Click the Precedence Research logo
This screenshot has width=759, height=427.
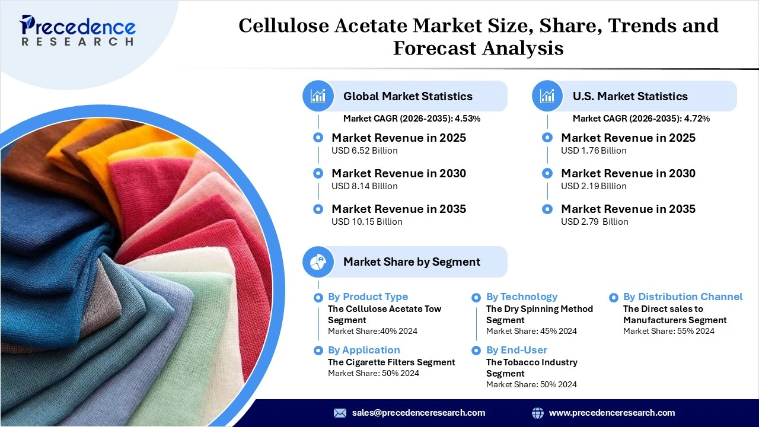[x=78, y=31]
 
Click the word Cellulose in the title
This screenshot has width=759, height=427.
[x=283, y=26]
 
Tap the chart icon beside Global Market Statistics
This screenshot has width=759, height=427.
[x=318, y=96]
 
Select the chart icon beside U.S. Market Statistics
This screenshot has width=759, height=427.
[x=547, y=96]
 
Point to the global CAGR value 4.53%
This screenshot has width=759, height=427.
[x=467, y=119]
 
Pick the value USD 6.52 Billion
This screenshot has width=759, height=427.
[x=365, y=151]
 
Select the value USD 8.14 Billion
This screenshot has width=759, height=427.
[x=365, y=186]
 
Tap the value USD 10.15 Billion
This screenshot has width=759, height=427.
[x=367, y=222]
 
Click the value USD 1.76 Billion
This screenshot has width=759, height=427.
[x=594, y=151]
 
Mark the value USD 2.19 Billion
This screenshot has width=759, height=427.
[x=594, y=186]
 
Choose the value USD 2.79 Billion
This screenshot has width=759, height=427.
[x=595, y=222]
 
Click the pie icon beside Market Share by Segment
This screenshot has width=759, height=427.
[x=318, y=262]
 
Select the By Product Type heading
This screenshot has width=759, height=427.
[x=368, y=297]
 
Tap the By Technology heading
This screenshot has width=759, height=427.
[x=522, y=297]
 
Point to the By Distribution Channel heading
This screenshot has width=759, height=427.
[x=683, y=297]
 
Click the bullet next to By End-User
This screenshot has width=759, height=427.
[x=476, y=350]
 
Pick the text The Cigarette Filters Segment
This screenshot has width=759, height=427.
[x=391, y=362]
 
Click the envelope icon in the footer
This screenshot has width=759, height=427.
[x=340, y=413]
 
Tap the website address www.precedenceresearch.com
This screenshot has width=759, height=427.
[x=612, y=413]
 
